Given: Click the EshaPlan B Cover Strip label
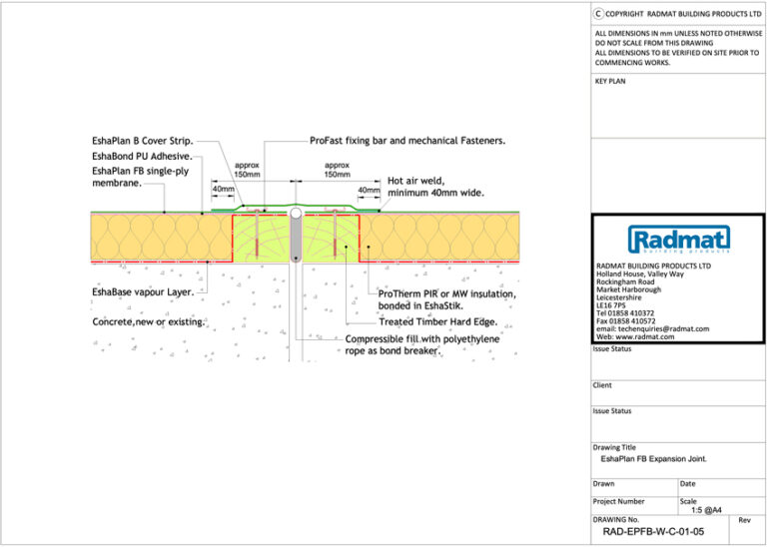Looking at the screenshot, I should tap(142, 142).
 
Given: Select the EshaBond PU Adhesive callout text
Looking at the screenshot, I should tap(142, 157).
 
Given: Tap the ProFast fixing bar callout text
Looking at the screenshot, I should tap(407, 142).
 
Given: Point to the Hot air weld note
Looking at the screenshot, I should tap(435, 187).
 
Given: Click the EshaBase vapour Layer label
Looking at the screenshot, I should tap(143, 292).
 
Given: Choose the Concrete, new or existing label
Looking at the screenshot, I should tap(149, 322).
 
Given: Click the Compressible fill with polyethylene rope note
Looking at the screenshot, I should tap(421, 345).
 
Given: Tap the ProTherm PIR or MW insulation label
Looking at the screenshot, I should tap(446, 300).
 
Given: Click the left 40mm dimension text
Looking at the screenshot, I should tap(224, 189).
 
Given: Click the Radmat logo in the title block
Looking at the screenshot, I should tap(678, 240).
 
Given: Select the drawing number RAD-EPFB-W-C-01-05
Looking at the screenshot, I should tap(653, 532).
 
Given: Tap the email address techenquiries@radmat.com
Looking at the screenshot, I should tap(652, 328).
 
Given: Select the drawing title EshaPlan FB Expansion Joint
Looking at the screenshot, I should tap(653, 459).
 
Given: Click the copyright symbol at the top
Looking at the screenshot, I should tap(598, 13).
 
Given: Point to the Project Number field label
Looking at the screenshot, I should tap(619, 501).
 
